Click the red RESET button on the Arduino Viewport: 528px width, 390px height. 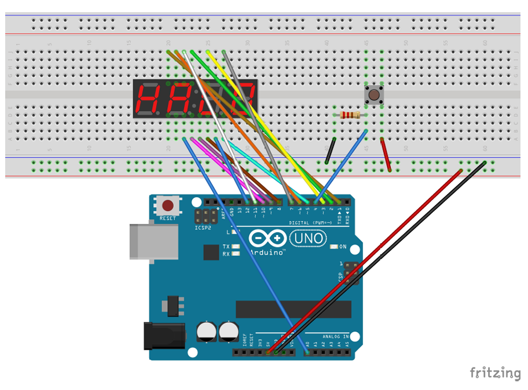168,205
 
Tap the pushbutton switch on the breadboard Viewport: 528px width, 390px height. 374,94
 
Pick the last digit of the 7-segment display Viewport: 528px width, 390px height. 243,99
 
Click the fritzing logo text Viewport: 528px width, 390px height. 494,373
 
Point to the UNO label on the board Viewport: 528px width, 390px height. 308,238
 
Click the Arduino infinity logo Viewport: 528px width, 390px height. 267,238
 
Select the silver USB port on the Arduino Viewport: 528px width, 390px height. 153,241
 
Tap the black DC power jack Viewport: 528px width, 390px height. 164,336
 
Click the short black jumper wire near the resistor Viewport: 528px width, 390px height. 329,151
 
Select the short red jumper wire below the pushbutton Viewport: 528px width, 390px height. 386,154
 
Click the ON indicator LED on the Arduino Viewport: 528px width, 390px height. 334,247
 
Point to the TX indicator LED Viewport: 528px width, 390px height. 236,247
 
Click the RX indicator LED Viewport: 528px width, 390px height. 236,254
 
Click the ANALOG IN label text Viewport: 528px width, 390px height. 335,336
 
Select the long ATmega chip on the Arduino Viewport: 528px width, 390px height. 293,309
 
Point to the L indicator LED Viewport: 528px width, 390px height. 235,232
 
